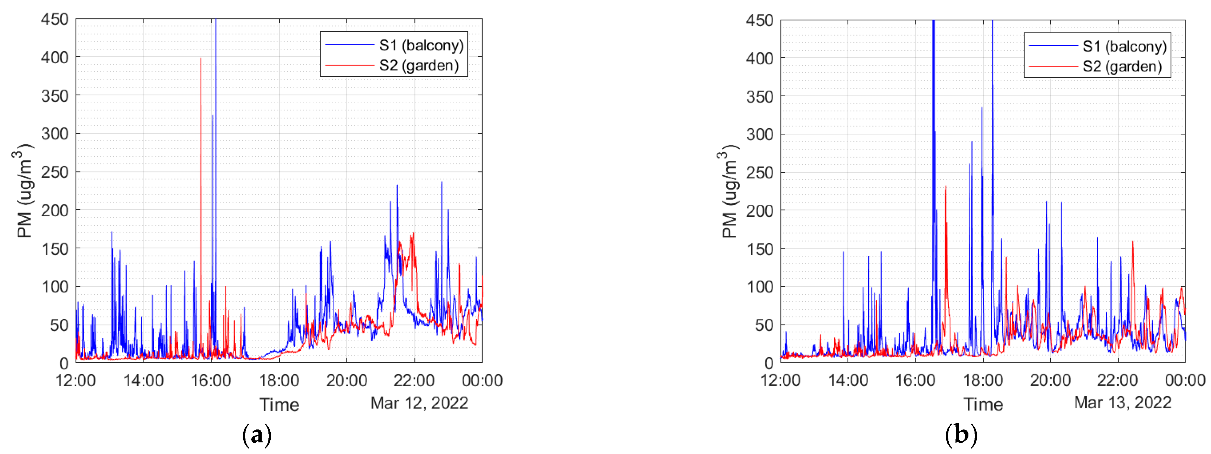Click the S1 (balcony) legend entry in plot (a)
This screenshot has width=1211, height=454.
pyautogui.click(x=421, y=46)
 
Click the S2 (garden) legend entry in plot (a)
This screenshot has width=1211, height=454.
pyautogui.click(x=418, y=65)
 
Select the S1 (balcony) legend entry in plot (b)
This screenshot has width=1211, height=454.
pyautogui.click(x=1124, y=46)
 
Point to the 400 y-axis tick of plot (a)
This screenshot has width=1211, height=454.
pyautogui.click(x=55, y=58)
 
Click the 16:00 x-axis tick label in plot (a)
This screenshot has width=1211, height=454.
pyautogui.click(x=211, y=380)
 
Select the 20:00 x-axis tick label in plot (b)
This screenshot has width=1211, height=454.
pyautogui.click(x=1050, y=380)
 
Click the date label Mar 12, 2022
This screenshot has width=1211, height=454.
pyautogui.click(x=419, y=403)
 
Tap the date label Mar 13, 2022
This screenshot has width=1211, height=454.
pyautogui.click(x=1122, y=403)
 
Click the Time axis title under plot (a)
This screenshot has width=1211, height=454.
pyautogui.click(x=279, y=405)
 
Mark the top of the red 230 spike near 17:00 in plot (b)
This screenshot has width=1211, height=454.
pyautogui.click(x=946, y=187)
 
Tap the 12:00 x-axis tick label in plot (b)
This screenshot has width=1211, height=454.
pyautogui.click(x=780, y=380)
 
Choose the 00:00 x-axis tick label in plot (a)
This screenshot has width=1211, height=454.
pyautogui.click(x=482, y=380)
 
